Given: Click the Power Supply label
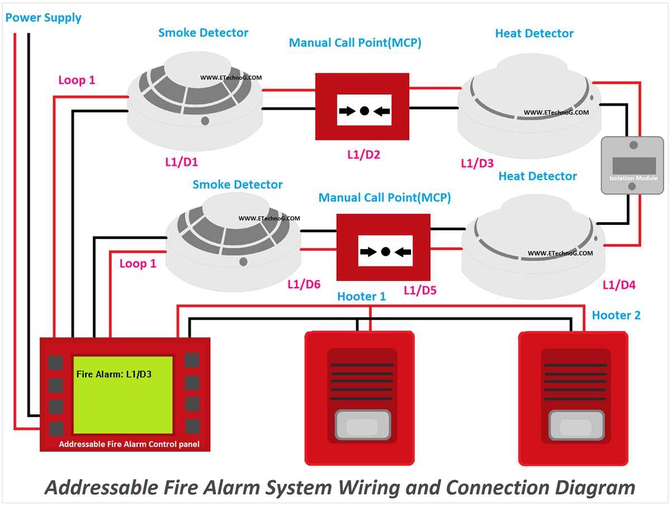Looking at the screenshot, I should pyautogui.click(x=43, y=18).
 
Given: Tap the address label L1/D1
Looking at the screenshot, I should pyautogui.click(x=181, y=162).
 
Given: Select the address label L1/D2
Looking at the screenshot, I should pyautogui.click(x=363, y=155).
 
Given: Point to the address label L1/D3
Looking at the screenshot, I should pyautogui.click(x=477, y=163).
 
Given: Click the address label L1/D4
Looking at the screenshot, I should pyautogui.click(x=619, y=285).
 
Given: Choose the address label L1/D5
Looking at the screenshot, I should pyautogui.click(x=420, y=290).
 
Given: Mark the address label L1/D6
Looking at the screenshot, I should pyautogui.click(x=304, y=284).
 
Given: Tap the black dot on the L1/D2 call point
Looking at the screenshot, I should pyautogui.click(x=364, y=111).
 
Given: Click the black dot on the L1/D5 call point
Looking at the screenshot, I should pyautogui.click(x=385, y=251).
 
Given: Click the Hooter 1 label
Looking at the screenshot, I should pyautogui.click(x=361, y=297).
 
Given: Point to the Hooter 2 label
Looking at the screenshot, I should pyautogui.click(x=616, y=315).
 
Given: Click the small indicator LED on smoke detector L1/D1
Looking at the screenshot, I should pyautogui.click(x=205, y=120).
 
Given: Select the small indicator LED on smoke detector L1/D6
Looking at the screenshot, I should pyautogui.click(x=243, y=261).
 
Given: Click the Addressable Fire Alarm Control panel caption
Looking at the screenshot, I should pyautogui.click(x=129, y=444).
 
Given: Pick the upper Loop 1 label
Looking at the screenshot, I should pyautogui.click(x=77, y=80).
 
